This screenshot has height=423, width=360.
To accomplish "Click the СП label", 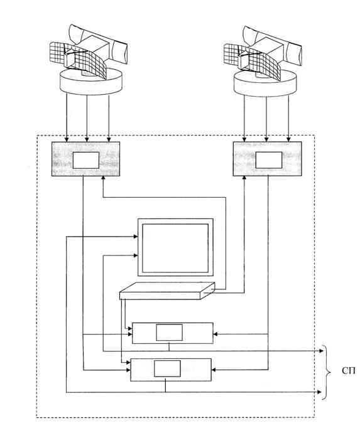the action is tap(349, 371).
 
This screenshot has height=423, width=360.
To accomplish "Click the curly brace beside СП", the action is tap(327, 372).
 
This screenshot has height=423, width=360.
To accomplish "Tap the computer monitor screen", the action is tap(175, 248).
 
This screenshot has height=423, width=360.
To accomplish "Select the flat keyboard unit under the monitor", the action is tap(167, 291).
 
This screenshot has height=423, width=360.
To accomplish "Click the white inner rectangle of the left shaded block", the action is tap(86, 160).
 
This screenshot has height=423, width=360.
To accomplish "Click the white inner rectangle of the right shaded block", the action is tap(269, 160).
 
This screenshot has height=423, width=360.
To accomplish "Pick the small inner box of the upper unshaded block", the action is tap(169, 333).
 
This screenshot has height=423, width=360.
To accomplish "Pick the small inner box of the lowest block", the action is tap(167, 368).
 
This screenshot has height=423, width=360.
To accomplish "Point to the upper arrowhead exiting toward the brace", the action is tap(321, 351).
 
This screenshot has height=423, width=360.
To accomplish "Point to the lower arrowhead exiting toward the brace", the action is tap(320, 392).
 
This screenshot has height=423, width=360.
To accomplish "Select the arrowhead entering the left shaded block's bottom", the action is tap(103, 178).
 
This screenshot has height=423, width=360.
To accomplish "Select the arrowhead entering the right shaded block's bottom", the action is tap(244, 178).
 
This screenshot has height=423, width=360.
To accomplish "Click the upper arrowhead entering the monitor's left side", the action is tap(136, 237).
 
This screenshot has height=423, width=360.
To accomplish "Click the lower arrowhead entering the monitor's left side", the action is tap(136, 255).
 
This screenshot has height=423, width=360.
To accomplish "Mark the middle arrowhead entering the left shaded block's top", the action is tap(87, 139).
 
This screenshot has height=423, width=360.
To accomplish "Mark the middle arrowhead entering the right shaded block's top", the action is tap(266, 139).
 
